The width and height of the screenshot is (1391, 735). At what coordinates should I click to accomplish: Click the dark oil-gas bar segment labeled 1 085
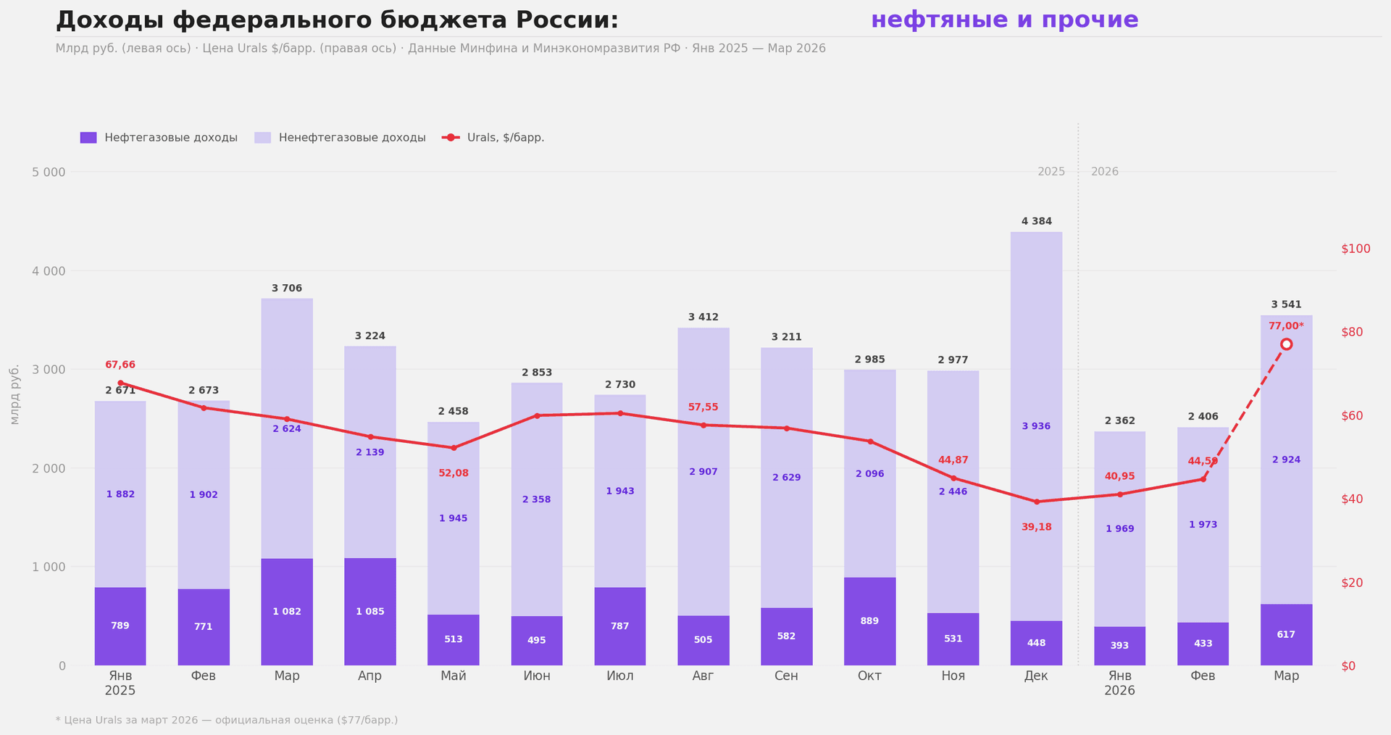[x=369, y=611]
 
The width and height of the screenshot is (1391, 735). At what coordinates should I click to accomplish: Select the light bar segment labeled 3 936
[x=1036, y=426]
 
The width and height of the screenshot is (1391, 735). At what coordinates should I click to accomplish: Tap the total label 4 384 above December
[x=1036, y=221]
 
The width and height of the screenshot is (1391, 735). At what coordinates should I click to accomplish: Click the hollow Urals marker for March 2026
[x=1286, y=344]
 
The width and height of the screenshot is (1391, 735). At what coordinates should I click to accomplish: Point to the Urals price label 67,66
[x=120, y=365]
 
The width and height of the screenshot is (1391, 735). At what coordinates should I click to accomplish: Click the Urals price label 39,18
[x=1036, y=527]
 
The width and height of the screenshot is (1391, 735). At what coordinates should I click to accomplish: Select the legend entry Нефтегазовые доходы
[x=159, y=138]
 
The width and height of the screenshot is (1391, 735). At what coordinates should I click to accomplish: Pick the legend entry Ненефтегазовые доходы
[x=340, y=138]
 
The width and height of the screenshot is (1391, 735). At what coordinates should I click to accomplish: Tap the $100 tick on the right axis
[x=1356, y=249]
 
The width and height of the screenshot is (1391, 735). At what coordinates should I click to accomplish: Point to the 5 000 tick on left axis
[x=49, y=172]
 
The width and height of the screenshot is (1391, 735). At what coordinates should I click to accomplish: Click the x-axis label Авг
[x=703, y=676]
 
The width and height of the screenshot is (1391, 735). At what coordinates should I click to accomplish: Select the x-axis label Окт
[x=869, y=676]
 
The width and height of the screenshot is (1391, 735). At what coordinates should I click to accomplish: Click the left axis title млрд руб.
[x=14, y=394]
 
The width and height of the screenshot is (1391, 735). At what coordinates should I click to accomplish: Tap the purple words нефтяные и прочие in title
[x=1004, y=20]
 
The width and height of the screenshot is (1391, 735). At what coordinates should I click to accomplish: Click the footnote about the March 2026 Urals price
[x=227, y=720]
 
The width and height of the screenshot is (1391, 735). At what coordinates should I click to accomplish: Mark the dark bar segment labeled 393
[x=1119, y=645]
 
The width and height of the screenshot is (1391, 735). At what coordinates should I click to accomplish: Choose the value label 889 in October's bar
[x=869, y=621]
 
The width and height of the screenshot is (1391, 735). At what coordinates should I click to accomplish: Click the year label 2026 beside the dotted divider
[x=1104, y=172]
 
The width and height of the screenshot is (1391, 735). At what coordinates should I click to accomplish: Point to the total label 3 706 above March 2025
[x=287, y=288]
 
